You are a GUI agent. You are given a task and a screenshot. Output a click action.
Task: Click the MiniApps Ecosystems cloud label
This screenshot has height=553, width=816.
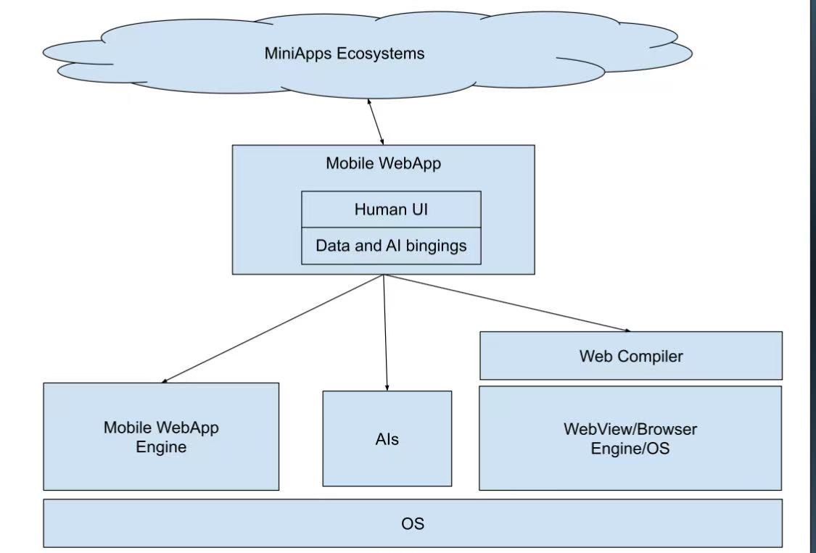(x=344, y=54)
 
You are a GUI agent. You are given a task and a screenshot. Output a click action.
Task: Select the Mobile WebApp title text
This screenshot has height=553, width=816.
(x=383, y=164)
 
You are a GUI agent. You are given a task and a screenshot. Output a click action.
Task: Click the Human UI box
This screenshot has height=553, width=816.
(x=391, y=209)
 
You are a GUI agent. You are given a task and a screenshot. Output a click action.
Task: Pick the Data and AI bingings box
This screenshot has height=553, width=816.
(x=391, y=246)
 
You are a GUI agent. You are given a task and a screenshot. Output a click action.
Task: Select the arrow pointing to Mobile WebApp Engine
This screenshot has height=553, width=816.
(x=272, y=328)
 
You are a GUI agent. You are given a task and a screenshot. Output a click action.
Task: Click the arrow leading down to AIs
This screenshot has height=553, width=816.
(x=385, y=333)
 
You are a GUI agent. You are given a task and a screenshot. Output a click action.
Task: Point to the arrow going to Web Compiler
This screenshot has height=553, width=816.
(x=508, y=304)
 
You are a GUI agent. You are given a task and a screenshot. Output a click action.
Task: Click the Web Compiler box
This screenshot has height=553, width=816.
(x=630, y=356)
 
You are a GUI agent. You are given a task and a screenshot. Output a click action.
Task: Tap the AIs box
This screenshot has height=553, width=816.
(x=387, y=439)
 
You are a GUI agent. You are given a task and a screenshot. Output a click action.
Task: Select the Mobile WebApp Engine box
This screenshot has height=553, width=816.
(x=161, y=437)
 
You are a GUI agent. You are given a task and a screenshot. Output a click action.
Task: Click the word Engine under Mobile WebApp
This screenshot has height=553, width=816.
(x=161, y=447)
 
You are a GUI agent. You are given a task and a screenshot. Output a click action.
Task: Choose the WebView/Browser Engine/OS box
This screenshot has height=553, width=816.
(x=630, y=438)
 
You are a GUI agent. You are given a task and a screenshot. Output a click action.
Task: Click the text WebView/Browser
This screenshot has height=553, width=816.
(x=630, y=429)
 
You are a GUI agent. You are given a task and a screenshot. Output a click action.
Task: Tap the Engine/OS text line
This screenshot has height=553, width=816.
(x=630, y=449)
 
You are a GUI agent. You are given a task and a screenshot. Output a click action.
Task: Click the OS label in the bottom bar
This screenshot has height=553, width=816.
(x=412, y=523)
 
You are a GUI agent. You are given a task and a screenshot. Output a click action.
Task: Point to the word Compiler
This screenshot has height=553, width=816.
(x=656, y=357)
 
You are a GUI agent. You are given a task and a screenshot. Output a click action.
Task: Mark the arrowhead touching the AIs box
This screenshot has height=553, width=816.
(x=387, y=388)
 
